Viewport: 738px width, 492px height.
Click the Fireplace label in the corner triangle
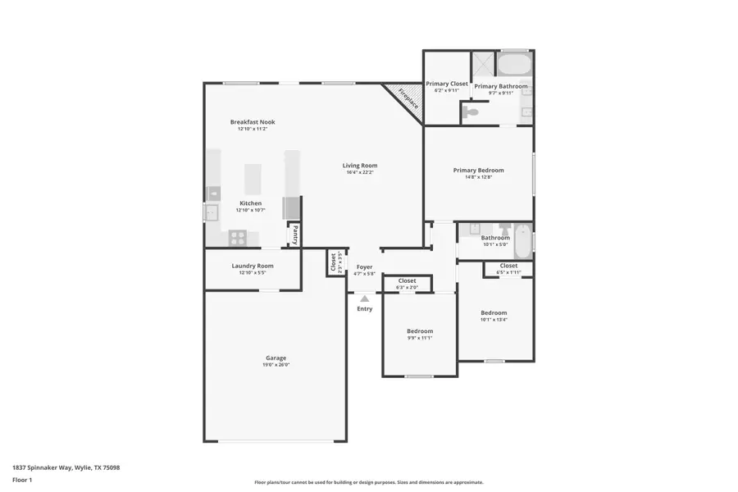tap(408, 98)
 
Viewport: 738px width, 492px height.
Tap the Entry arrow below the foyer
tap(365, 299)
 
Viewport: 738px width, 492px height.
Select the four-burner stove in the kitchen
tap(238, 239)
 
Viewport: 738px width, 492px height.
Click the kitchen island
tap(253, 179)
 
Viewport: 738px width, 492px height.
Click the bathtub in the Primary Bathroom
tap(515, 64)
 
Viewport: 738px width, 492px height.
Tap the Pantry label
tap(294, 235)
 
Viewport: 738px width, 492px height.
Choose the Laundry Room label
tap(253, 266)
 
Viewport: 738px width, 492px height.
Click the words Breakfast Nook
tap(253, 121)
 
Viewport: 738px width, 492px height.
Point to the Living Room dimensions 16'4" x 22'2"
tap(360, 173)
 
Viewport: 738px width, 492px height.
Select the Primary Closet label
tap(447, 84)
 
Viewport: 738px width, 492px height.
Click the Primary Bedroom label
tap(478, 171)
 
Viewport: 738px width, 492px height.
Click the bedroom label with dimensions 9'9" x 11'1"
tap(419, 331)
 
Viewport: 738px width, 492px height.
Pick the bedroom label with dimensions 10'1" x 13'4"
tap(494, 312)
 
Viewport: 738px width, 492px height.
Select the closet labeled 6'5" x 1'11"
tap(508, 266)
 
